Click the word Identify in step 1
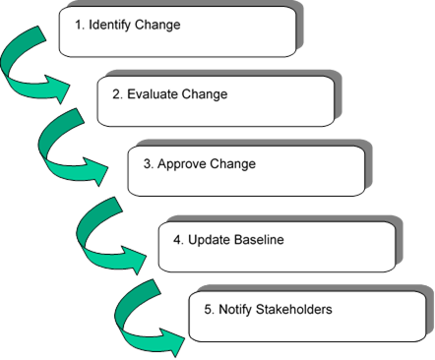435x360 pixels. [x=112, y=24]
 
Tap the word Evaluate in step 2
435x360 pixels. [x=155, y=94]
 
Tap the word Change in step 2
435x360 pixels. [x=205, y=94]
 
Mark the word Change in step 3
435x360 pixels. [x=233, y=164]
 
